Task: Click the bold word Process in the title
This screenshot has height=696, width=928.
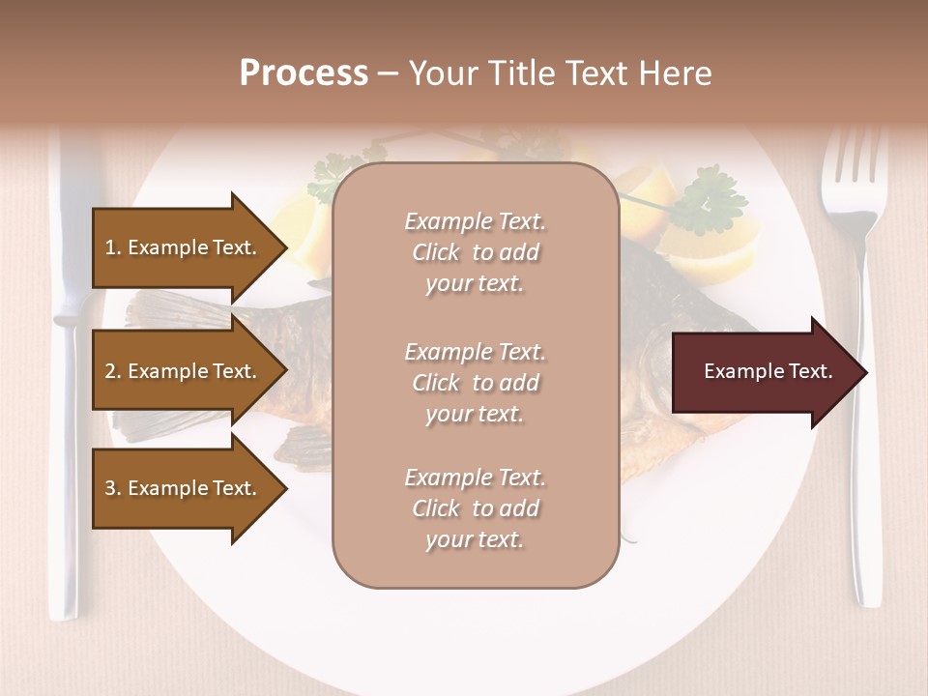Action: (x=304, y=73)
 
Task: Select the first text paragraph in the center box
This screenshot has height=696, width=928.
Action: (x=476, y=252)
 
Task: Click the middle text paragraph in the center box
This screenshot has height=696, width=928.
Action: (x=476, y=383)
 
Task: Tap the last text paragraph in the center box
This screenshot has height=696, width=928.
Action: (x=476, y=508)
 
